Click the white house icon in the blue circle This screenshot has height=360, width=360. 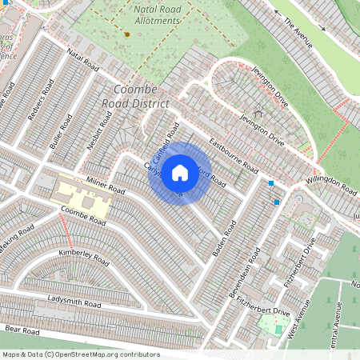tap(180, 172)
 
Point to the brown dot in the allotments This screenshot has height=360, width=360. tap(126, 34)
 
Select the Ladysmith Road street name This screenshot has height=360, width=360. tap(74, 302)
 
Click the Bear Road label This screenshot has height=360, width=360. tap(22, 330)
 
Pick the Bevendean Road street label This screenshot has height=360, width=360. tap(245, 273)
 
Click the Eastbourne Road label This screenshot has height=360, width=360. tap(234, 158)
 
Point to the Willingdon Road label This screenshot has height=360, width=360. tap(330, 185)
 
